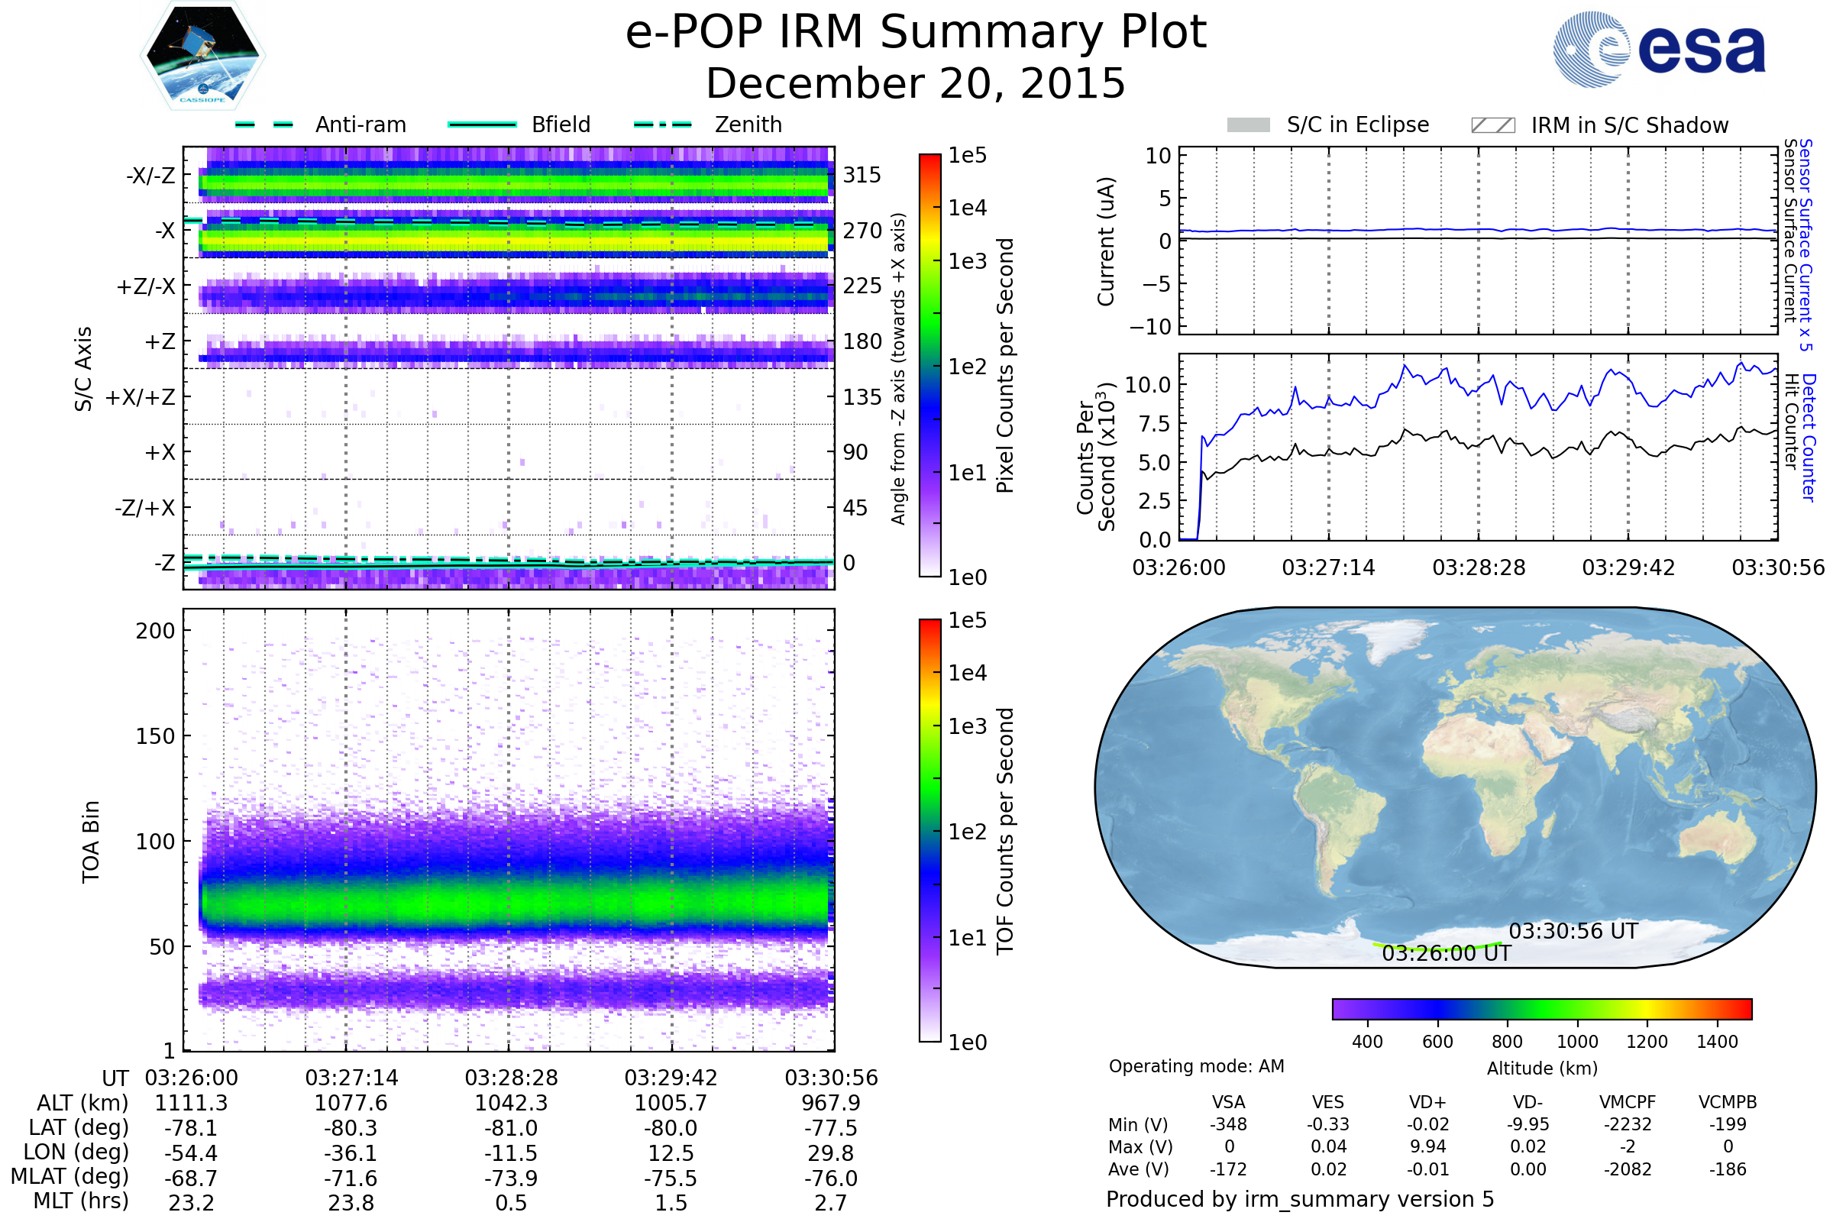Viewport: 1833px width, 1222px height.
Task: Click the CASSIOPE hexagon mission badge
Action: (x=202, y=54)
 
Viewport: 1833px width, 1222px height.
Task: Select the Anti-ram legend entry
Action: (x=360, y=124)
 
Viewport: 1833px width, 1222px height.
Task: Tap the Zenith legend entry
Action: (x=748, y=124)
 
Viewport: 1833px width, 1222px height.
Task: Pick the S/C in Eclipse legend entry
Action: (x=1357, y=124)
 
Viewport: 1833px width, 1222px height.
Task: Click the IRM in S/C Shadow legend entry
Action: (x=1629, y=125)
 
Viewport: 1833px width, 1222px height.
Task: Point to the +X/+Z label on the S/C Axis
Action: (x=141, y=397)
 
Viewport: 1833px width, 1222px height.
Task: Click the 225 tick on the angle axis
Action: (x=862, y=286)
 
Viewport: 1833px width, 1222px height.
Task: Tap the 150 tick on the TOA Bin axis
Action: (x=155, y=736)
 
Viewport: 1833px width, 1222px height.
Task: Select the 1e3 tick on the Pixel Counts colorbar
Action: (x=967, y=261)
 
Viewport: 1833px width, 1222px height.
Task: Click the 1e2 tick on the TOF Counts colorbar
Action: (x=967, y=832)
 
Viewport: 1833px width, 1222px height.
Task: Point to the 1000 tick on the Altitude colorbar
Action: (x=1576, y=1042)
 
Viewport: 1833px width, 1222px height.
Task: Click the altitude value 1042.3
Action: (x=511, y=1104)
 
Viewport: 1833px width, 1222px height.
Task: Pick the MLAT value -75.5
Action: (x=671, y=1178)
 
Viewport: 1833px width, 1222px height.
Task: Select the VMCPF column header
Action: (x=1628, y=1103)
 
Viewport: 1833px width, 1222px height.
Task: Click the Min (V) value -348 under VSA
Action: (x=1228, y=1124)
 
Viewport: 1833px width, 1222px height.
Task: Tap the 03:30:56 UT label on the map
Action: (x=1573, y=931)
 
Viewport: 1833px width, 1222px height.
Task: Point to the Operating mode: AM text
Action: (x=1196, y=1066)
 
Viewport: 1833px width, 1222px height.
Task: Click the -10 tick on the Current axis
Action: (x=1151, y=327)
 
